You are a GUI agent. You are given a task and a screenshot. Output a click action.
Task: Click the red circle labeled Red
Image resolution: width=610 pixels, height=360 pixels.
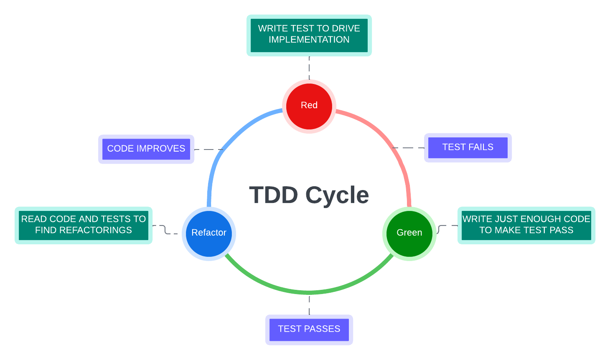tap(309, 106)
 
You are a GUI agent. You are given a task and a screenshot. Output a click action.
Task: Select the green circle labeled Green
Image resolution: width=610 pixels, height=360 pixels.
tap(409, 233)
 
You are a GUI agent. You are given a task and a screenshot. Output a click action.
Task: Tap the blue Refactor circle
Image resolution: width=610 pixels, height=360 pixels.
tap(209, 233)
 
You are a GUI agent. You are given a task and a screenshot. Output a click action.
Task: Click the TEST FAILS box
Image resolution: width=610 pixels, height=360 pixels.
tap(468, 147)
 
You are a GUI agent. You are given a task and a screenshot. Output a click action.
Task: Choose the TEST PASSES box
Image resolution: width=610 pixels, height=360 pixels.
tap(309, 330)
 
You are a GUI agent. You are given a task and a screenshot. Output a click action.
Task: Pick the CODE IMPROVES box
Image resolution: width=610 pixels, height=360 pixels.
tap(146, 149)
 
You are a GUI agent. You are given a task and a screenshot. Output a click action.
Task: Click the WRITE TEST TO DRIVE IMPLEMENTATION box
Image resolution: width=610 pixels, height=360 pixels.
tap(309, 35)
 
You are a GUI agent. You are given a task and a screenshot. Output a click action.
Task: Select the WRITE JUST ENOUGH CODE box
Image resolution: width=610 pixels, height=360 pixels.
tap(526, 225)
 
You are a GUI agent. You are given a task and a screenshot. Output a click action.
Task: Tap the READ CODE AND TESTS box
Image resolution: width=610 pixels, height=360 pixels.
tap(84, 225)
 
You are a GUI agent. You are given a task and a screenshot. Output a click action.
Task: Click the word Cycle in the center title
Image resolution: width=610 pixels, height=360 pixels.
tap(337, 195)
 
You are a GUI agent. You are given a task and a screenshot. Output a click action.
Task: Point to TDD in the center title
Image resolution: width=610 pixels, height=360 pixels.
tap(274, 195)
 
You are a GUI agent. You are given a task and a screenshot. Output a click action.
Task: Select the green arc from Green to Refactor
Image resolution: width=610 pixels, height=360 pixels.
tap(309, 292)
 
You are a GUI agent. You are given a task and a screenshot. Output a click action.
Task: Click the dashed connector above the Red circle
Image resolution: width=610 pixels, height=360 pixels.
tap(309, 67)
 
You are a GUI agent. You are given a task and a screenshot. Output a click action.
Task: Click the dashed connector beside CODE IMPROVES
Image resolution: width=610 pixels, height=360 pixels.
tap(209, 149)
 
